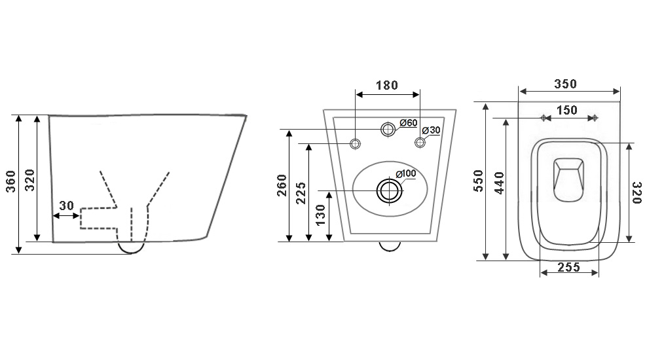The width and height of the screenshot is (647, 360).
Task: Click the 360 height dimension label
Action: [10, 181]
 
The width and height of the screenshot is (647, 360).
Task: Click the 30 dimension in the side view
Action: [66, 206]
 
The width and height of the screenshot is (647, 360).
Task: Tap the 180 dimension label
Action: [386, 85]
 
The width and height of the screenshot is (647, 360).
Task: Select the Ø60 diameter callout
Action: [409, 123]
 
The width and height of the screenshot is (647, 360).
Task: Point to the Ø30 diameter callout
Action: [431, 130]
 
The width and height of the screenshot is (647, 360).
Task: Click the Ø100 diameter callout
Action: [406, 173]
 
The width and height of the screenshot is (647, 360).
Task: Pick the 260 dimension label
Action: [282, 185]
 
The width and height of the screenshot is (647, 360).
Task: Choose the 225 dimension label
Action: [302, 193]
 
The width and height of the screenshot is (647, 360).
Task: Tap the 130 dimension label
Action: [321, 215]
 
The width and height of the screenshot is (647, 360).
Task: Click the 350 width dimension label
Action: [565, 84]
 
